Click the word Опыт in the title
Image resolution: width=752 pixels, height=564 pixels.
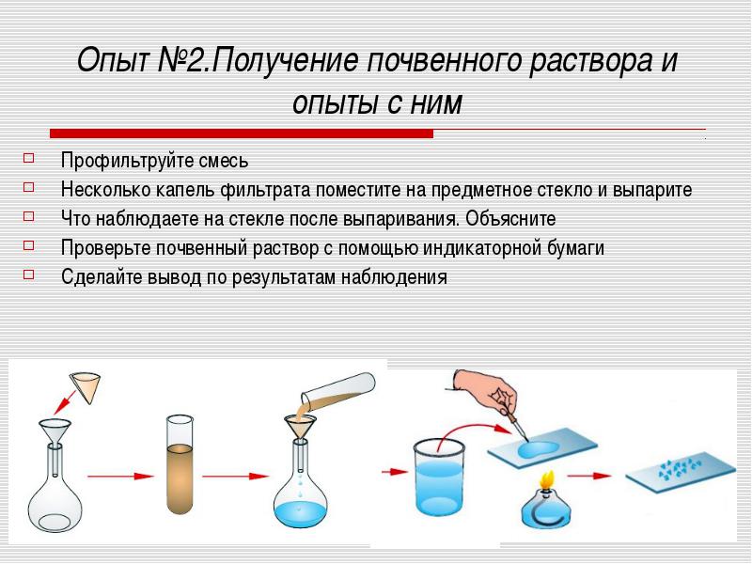[114, 61]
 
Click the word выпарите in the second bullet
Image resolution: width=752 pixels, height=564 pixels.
[652, 190]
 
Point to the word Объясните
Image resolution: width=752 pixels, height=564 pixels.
[510, 219]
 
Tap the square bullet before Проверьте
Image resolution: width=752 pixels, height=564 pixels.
[29, 245]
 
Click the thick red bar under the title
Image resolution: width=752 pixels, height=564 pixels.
[242, 133]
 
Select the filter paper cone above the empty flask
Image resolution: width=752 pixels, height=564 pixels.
[86, 387]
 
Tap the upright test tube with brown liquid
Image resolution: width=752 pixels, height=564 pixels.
[180, 465]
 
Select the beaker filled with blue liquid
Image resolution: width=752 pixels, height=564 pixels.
[439, 483]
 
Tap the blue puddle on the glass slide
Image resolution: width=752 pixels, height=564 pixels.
[538, 448]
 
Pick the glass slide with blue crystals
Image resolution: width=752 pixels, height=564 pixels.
[681, 473]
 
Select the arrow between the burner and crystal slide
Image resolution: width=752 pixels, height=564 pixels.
[589, 476]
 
